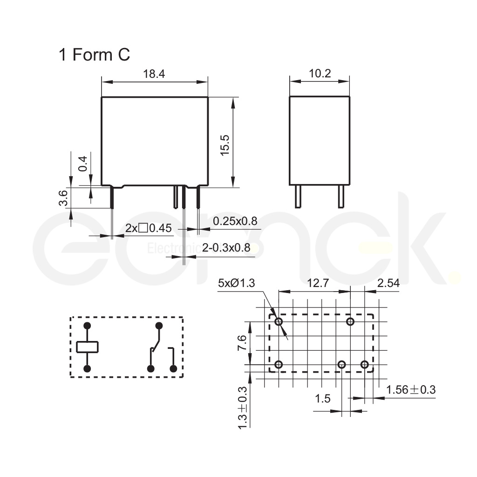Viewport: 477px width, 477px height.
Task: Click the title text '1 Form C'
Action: pyautogui.click(x=94, y=55)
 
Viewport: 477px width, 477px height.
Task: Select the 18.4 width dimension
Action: pyautogui.click(x=154, y=74)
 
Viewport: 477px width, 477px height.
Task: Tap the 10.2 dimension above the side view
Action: pyautogui.click(x=320, y=74)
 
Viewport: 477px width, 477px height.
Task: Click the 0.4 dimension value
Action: pyautogui.click(x=82, y=163)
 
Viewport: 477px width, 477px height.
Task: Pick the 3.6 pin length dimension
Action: pyautogui.click(x=64, y=198)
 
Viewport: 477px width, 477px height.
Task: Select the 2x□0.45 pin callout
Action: pyautogui.click(x=149, y=228)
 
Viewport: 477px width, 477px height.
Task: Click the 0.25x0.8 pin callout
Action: pyautogui.click(x=235, y=221)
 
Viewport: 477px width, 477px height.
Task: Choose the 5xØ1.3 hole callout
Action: pyautogui.click(x=236, y=283)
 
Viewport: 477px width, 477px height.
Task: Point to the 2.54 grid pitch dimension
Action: pyautogui.click(x=388, y=282)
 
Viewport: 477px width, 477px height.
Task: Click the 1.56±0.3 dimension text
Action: pyautogui.click(x=410, y=390)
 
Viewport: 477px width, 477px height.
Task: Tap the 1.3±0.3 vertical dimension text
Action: pyautogui.click(x=242, y=408)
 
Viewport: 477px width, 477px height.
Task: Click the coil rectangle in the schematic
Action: pyautogui.click(x=87, y=347)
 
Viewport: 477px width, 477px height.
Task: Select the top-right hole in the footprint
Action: pyautogui.click(x=350, y=322)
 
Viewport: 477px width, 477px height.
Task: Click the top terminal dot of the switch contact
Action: pyautogui.click(x=159, y=325)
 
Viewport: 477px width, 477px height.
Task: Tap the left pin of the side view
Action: pyautogui.click(x=297, y=196)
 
